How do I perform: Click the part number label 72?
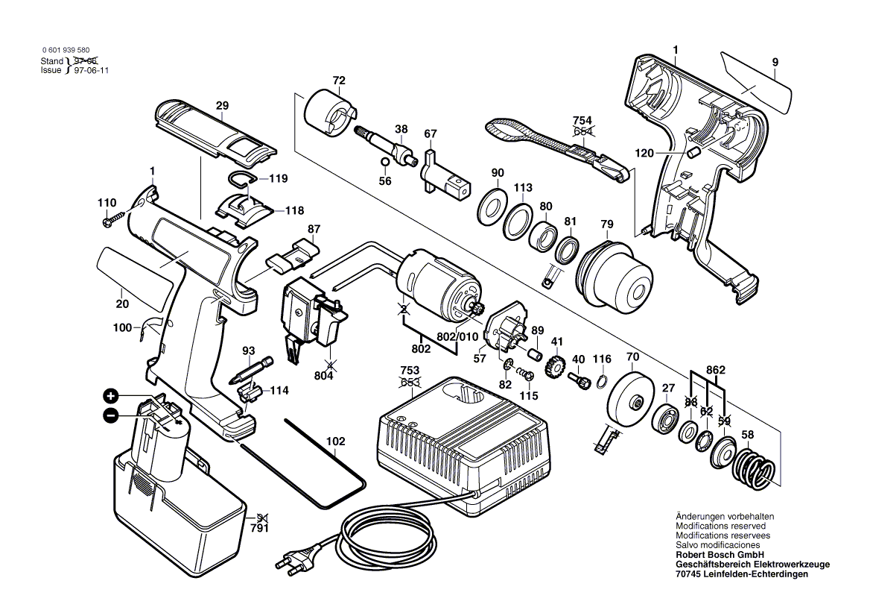[339, 80]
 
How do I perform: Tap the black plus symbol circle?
[110, 395]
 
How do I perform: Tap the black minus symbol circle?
[110, 415]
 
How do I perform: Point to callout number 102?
[336, 441]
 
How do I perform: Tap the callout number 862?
[716, 369]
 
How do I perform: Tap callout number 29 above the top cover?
[222, 106]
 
